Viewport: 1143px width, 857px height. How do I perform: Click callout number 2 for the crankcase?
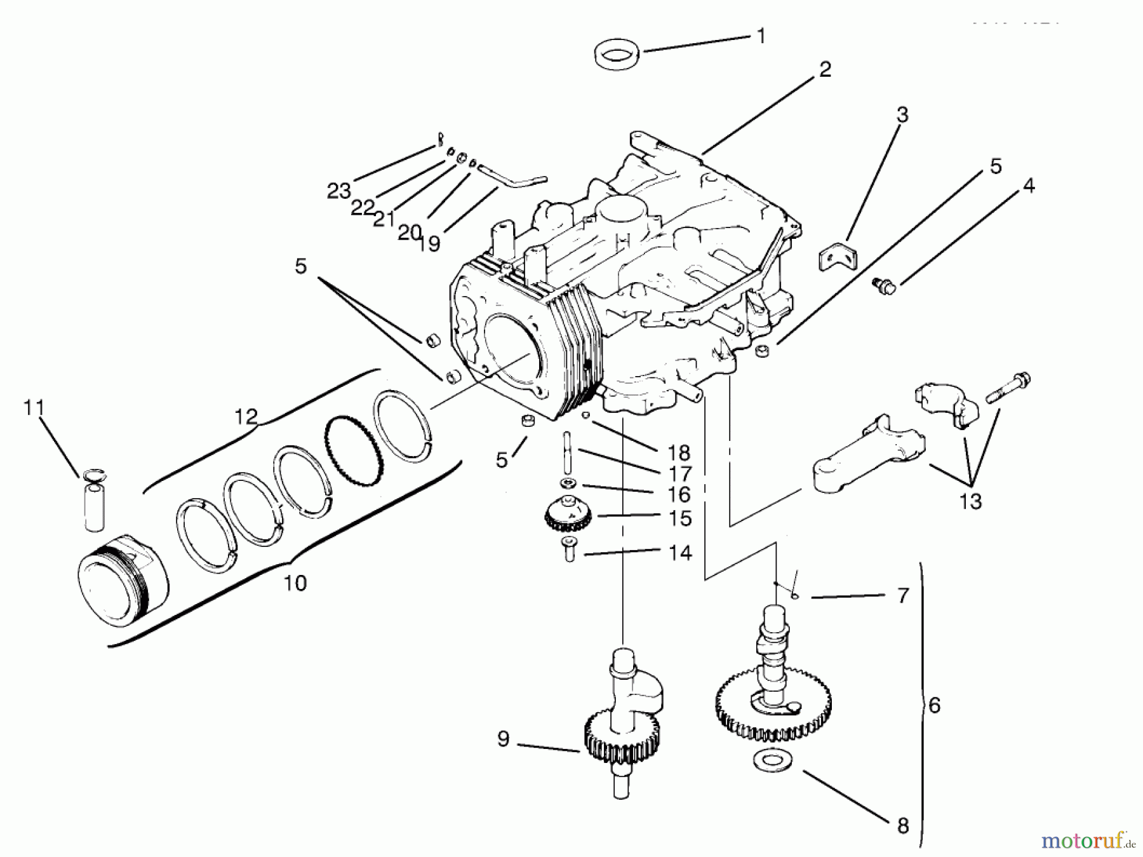pos(824,69)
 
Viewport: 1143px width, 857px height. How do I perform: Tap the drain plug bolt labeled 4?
pos(883,286)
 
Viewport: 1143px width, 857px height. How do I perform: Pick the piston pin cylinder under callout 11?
pos(93,505)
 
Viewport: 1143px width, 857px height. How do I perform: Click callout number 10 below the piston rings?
pos(295,583)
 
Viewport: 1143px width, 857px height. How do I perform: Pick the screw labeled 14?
pos(568,548)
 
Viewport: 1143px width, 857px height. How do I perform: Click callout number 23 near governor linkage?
pos(339,190)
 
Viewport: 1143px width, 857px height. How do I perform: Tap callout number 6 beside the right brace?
pos(933,705)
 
